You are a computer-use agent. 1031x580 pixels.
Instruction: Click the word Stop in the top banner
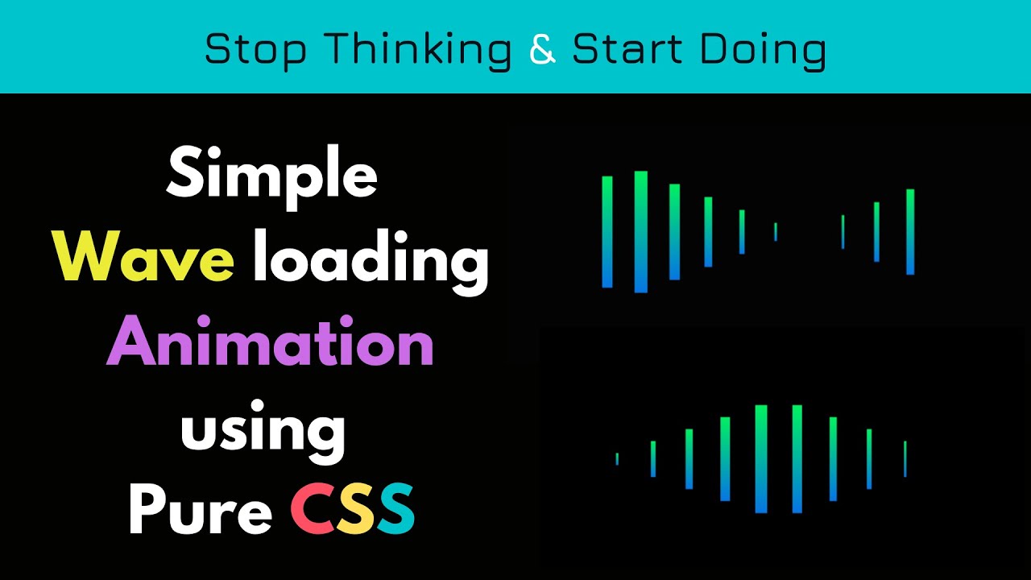(x=255, y=50)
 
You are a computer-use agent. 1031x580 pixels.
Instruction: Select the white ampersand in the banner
(x=543, y=50)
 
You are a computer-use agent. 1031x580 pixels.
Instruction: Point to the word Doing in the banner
(x=762, y=50)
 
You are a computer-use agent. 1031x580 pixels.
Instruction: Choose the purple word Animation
(x=271, y=344)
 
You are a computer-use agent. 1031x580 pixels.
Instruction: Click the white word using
(x=263, y=431)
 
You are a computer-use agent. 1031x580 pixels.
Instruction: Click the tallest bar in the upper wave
(x=641, y=232)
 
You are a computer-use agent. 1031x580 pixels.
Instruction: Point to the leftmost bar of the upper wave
(x=607, y=232)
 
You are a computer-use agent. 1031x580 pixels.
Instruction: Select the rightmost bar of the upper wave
(x=910, y=232)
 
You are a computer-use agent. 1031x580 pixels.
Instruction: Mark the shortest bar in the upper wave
(x=776, y=232)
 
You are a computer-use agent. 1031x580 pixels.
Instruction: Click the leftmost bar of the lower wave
(x=617, y=458)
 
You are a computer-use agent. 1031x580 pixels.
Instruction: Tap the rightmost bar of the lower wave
(x=905, y=458)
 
